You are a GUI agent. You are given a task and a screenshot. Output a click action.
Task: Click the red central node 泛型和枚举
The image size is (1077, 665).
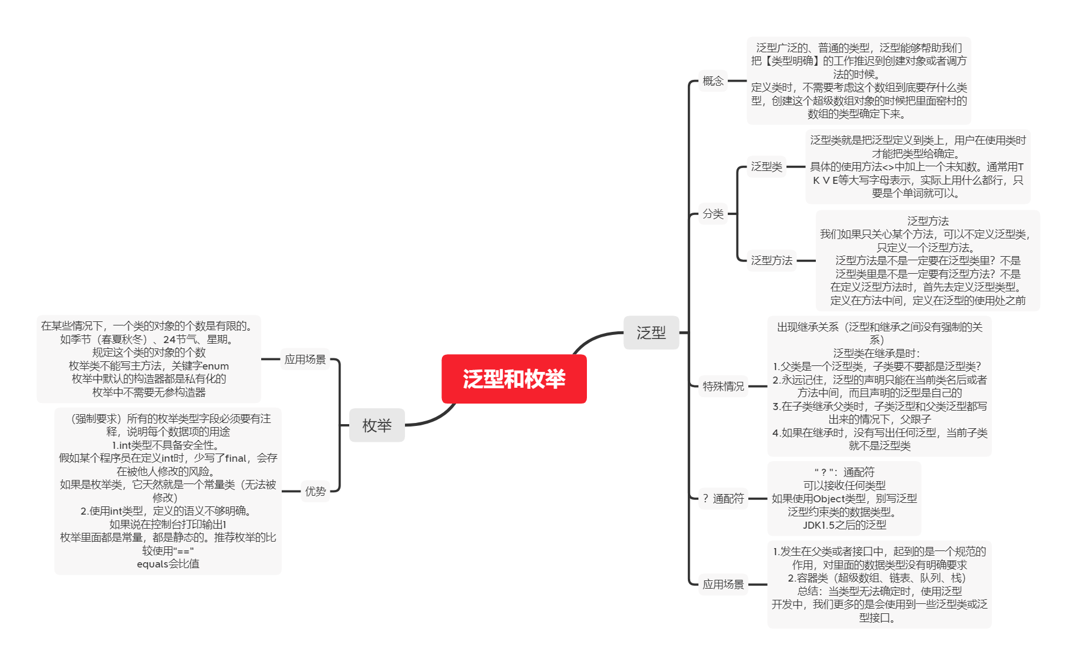[x=514, y=379]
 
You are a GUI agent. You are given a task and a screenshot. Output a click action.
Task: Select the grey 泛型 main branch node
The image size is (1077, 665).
[x=651, y=332]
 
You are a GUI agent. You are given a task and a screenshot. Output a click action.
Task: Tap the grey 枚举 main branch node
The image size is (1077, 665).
[x=377, y=425]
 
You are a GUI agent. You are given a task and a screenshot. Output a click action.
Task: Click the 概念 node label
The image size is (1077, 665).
[x=713, y=80]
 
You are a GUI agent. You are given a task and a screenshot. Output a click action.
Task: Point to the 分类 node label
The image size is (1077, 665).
[x=713, y=214]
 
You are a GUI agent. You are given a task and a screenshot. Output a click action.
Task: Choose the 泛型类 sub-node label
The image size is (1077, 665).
[x=767, y=167]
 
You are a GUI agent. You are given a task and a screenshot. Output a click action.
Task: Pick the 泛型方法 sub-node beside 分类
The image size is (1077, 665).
[x=772, y=260]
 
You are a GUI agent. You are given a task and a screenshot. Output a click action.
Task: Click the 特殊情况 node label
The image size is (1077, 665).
[x=723, y=386]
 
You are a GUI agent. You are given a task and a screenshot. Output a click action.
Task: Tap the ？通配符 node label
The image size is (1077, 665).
[x=723, y=499]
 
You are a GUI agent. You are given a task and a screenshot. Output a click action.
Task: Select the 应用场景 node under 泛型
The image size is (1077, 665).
[x=723, y=584]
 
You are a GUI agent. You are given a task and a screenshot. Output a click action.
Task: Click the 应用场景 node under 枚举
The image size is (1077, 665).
[x=305, y=359]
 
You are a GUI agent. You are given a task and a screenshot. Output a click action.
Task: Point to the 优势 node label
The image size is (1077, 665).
[x=315, y=491]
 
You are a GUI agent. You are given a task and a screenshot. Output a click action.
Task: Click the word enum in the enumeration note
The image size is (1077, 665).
[x=215, y=366]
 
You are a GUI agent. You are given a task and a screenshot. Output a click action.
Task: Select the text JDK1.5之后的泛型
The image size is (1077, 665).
[x=845, y=525]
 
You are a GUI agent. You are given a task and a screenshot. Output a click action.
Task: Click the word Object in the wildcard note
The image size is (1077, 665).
[x=829, y=499]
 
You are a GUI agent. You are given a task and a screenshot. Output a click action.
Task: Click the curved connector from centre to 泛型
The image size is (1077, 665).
[x=593, y=337]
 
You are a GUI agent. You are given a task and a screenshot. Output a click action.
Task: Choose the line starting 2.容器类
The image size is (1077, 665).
[x=877, y=578]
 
